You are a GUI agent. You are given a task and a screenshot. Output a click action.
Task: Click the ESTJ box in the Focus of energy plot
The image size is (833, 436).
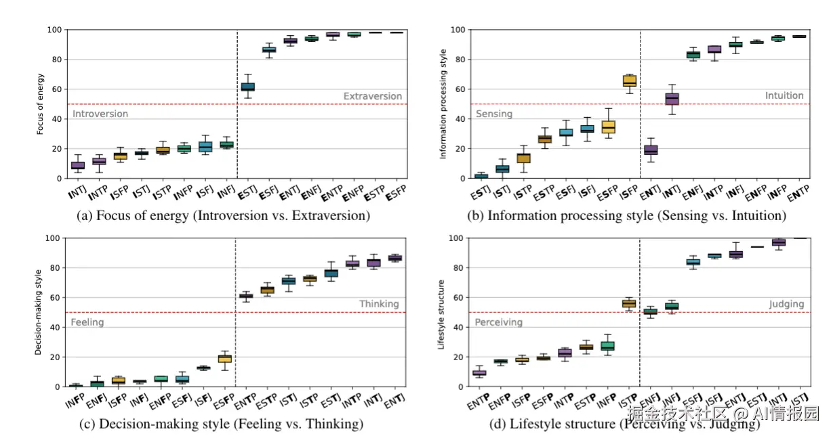click(248, 87)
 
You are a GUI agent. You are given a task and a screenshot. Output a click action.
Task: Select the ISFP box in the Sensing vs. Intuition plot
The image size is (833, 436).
click(630, 81)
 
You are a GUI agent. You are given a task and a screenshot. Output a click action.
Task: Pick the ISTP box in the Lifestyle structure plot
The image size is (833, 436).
click(630, 303)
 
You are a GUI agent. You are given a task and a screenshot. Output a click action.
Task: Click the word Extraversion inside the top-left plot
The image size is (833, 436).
click(372, 96)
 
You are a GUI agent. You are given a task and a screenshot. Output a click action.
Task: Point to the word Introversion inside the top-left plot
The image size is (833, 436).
click(100, 114)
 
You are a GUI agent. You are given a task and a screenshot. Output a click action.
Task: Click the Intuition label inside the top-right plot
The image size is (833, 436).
click(784, 96)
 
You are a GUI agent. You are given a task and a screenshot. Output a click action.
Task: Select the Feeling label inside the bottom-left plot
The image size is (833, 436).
click(87, 322)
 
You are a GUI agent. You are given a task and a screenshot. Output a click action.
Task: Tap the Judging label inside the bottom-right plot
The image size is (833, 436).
click(786, 305)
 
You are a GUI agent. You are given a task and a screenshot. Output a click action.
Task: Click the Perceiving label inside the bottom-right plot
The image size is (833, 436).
click(498, 322)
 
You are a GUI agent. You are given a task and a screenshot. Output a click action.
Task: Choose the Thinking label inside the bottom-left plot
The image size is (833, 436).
click(379, 304)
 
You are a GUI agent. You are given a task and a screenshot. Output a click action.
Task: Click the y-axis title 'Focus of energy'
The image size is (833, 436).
click(41, 104)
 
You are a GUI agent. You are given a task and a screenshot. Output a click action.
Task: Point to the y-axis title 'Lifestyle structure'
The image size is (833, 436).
click(441, 312)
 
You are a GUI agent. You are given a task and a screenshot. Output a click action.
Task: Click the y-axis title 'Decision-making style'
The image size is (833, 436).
click(38, 312)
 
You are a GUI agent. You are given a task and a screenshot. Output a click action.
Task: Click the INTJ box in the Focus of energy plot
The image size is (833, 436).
click(78, 165)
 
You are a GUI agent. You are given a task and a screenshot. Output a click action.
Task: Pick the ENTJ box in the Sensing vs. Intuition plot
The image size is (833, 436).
click(650, 150)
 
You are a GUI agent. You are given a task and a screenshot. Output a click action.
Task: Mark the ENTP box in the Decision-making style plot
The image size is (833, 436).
click(246, 296)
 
